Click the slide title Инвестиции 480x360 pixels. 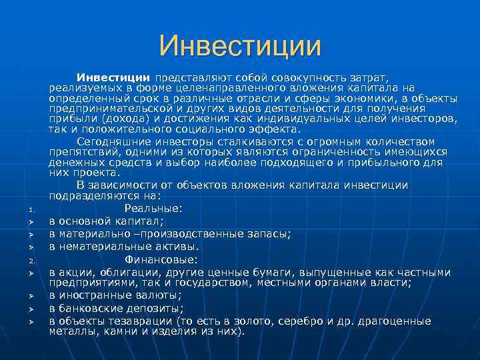coord(240,46)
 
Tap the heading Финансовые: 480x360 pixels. coord(162,259)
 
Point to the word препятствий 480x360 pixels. coord(81,152)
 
